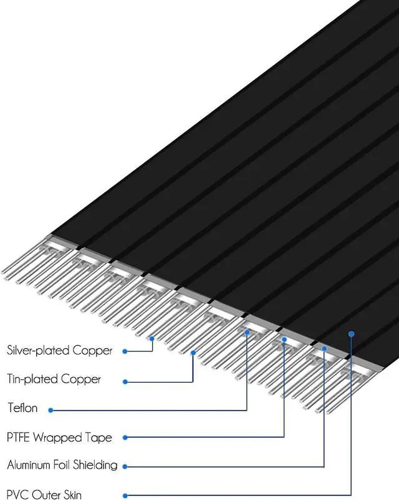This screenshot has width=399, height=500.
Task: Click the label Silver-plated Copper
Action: coord(60,350)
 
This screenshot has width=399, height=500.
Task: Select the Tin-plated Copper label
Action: coord(54,379)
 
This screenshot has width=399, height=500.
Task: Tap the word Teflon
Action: coord(22,408)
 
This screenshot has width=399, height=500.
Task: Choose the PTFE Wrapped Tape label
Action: coord(60,437)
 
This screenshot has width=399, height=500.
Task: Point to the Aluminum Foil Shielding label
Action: coord(62,465)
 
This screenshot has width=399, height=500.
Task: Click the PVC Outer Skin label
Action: coord(44,495)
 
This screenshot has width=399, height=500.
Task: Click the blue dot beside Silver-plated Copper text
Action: coord(125,351)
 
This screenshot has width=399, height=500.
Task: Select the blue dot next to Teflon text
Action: coord(50,410)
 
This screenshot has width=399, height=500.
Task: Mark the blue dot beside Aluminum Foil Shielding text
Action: coord(125,466)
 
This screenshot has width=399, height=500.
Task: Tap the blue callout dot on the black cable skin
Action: coord(352,334)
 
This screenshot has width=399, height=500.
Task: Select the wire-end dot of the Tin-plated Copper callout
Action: coord(193,353)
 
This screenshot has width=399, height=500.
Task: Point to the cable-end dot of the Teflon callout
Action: coord(248,333)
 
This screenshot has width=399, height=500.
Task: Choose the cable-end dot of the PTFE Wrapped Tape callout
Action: coord(284,340)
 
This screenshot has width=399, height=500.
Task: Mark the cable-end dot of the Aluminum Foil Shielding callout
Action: coord(324,348)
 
